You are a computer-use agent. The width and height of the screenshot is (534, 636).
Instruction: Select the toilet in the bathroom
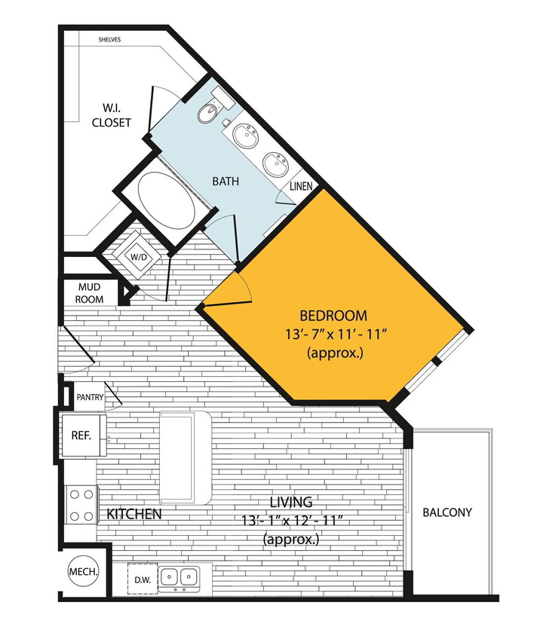pyautogui.click(x=207, y=113)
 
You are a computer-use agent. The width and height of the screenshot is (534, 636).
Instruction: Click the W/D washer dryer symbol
pyautogui.click(x=140, y=258)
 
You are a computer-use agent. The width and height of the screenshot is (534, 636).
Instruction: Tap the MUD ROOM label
pyautogui.click(x=89, y=293)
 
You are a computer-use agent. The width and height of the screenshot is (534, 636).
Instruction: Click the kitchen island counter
pyautogui.click(x=185, y=457)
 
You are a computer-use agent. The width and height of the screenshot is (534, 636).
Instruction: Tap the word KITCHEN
pyautogui.click(x=133, y=515)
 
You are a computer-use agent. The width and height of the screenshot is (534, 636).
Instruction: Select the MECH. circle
pyautogui.click(x=83, y=572)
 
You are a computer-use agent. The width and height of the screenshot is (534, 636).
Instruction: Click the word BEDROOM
pyautogui.click(x=333, y=316)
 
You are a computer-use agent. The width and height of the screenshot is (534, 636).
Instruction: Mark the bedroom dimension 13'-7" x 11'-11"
pyautogui.click(x=333, y=334)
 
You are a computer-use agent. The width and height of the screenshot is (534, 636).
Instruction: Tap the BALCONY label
pyautogui.click(x=447, y=512)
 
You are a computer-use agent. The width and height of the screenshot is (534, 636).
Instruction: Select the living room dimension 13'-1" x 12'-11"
pyautogui.click(x=291, y=520)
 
